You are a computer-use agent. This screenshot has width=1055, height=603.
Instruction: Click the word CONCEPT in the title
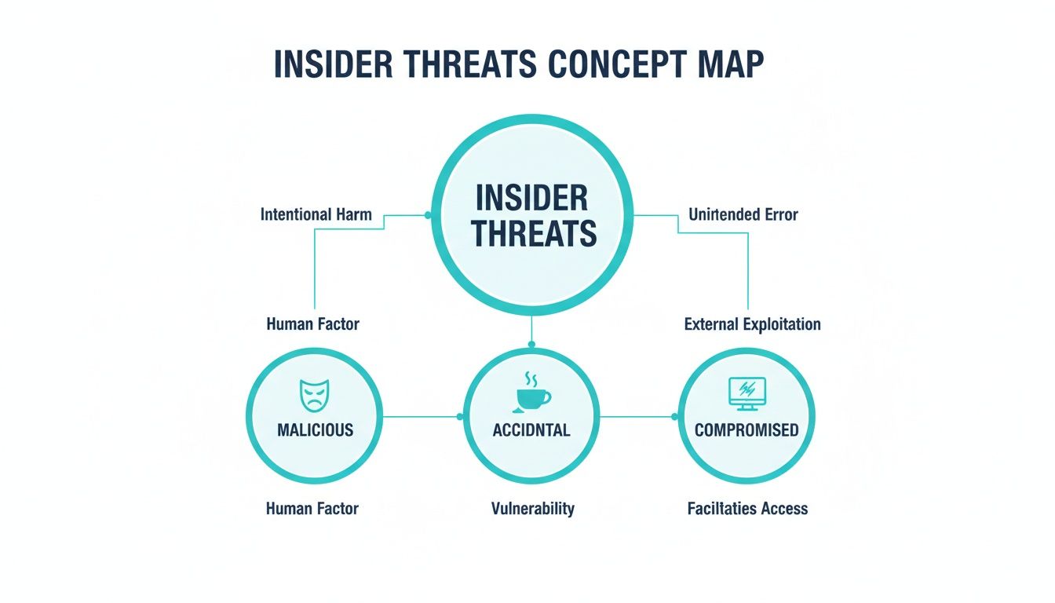(616, 64)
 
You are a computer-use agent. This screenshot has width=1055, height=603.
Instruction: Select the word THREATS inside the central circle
(534, 233)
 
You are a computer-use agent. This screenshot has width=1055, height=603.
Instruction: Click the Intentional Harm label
(316, 215)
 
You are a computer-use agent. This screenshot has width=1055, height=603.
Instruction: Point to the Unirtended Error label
(743, 215)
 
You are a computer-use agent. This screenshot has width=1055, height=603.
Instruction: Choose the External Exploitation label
(752, 324)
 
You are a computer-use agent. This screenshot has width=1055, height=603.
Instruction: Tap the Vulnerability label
(533, 509)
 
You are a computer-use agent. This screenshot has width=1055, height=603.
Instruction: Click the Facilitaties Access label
(747, 509)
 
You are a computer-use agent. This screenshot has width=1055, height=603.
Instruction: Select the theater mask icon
(315, 396)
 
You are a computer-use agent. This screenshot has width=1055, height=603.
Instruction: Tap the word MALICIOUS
(315, 430)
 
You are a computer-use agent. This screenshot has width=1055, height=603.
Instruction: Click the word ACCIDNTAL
(531, 430)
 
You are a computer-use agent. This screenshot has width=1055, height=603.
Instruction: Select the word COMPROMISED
(747, 430)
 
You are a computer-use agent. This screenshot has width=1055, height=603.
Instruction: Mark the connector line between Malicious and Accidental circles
(421, 417)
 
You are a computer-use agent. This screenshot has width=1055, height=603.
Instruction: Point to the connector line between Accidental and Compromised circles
(637, 417)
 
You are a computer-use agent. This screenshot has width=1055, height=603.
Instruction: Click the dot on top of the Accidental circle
(531, 345)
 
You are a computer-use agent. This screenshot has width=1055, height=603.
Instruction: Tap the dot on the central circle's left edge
(428, 215)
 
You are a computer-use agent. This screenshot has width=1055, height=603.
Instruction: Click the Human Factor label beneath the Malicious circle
(312, 509)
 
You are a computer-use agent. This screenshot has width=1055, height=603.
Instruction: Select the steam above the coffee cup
(531, 379)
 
